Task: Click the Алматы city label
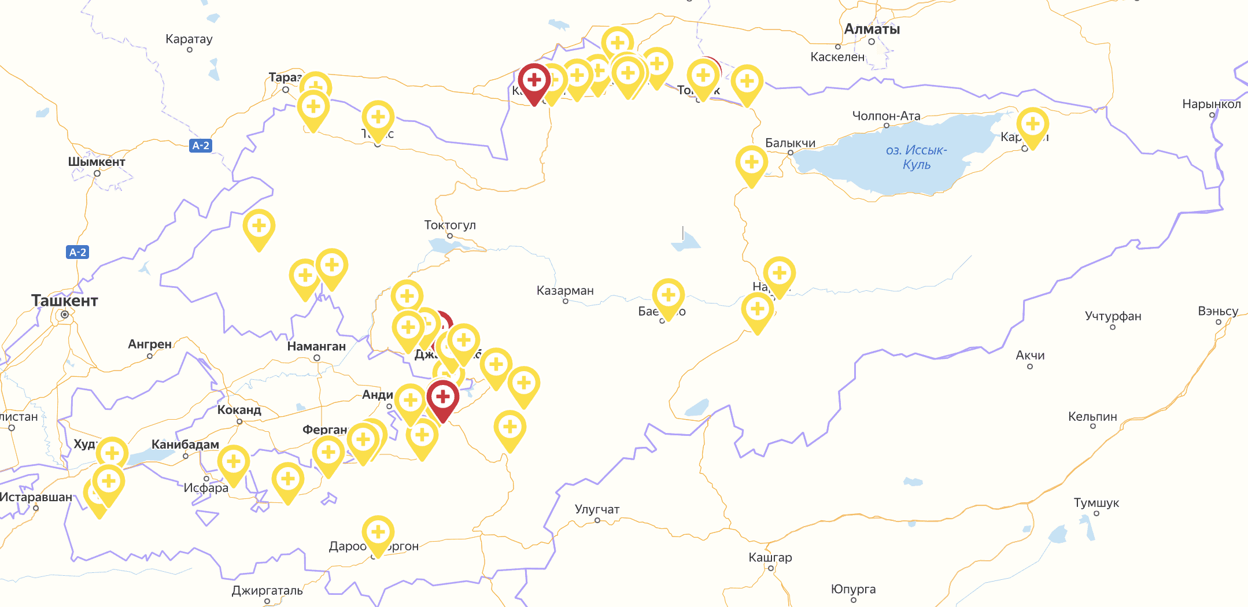tap(872, 29)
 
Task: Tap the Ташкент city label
tap(65, 301)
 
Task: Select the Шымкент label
tap(97, 162)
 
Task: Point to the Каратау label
tap(189, 39)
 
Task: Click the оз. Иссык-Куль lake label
tap(916, 157)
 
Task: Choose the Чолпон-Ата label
tap(886, 116)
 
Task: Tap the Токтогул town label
tap(450, 225)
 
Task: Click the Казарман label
tap(565, 290)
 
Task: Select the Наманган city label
tap(316, 346)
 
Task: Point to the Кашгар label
tap(770, 557)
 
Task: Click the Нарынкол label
tap(1212, 104)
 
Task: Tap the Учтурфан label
tap(1113, 316)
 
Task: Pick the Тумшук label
tap(1096, 503)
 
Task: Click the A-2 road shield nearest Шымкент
tap(201, 146)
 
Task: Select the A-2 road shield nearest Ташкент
tap(77, 252)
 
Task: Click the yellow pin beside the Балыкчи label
tap(751, 162)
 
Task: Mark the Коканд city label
tap(239, 410)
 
